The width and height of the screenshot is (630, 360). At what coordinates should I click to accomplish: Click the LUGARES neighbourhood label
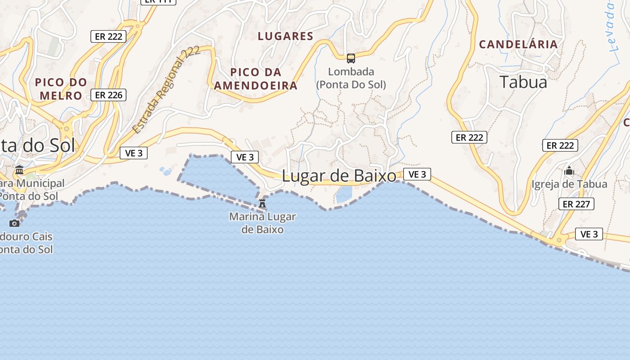pyautogui.click(x=285, y=36)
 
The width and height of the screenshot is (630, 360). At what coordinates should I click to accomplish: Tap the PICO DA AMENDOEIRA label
pyautogui.click(x=256, y=79)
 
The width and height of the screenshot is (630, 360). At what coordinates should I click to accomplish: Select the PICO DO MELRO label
pyautogui.click(x=61, y=89)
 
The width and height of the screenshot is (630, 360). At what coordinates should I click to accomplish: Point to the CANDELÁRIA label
pyautogui.click(x=518, y=45)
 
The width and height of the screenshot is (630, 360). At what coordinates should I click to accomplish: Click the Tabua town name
pyautogui.click(x=523, y=82)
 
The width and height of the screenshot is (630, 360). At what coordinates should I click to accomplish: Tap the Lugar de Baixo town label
pyautogui.click(x=339, y=176)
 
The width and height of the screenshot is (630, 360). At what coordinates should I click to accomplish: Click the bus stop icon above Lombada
pyautogui.click(x=351, y=58)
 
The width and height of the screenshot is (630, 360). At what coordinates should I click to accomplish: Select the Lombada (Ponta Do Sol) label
pyautogui.click(x=351, y=78)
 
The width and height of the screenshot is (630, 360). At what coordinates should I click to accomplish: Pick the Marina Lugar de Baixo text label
pyautogui.click(x=262, y=223)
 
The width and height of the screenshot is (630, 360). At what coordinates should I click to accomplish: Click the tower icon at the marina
pyautogui.click(x=262, y=203)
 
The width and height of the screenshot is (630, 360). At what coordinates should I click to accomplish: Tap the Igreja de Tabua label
pyautogui.click(x=569, y=184)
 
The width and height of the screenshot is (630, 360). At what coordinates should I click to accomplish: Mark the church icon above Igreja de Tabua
pyautogui.click(x=569, y=171)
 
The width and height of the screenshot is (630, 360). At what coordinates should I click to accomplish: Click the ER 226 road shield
pyautogui.click(x=108, y=95)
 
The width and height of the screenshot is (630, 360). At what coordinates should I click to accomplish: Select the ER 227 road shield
pyautogui.click(x=576, y=204)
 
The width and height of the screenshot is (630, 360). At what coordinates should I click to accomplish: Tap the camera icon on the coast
pyautogui.click(x=14, y=223)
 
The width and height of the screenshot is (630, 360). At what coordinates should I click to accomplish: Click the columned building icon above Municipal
pyautogui.click(x=19, y=170)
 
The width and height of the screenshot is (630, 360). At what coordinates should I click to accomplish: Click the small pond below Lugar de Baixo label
pyautogui.click(x=344, y=194)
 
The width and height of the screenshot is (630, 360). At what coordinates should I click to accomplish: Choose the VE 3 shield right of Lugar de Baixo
pyautogui.click(x=417, y=174)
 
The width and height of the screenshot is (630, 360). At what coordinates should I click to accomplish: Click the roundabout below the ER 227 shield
pyautogui.click(x=559, y=240)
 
